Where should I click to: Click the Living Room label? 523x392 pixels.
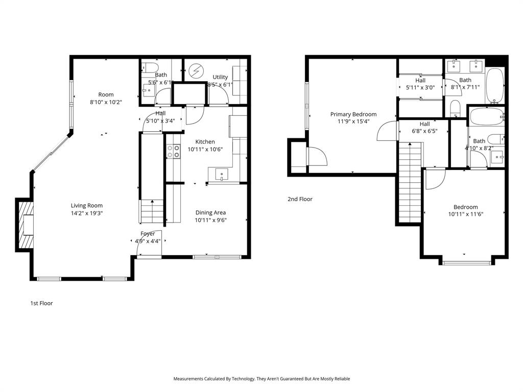[87, 206]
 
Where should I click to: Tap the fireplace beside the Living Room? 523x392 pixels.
[26, 225]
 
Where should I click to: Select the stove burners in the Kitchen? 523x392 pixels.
[174, 151]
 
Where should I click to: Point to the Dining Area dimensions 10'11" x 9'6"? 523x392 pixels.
[211, 220]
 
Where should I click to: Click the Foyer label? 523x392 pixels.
[148, 234]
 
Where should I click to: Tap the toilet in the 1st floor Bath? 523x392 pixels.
[150, 67]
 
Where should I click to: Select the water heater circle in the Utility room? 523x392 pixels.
[197, 70]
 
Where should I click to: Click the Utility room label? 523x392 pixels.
[221, 77]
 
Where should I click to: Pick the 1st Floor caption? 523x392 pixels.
[41, 303]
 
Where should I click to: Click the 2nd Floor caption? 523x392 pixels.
[300, 199]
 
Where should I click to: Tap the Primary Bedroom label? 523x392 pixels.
[353, 114]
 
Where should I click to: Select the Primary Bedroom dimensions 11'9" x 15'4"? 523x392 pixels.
[353, 121]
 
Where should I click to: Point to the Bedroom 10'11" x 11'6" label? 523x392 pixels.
[466, 207]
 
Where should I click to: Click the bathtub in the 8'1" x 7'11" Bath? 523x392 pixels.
[494, 85]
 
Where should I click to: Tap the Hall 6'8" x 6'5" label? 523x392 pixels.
[424, 124]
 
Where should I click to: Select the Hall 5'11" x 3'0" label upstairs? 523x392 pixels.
[420, 81]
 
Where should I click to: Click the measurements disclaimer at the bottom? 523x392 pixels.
[261, 379]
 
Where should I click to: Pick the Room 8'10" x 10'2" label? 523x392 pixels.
[106, 94]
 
